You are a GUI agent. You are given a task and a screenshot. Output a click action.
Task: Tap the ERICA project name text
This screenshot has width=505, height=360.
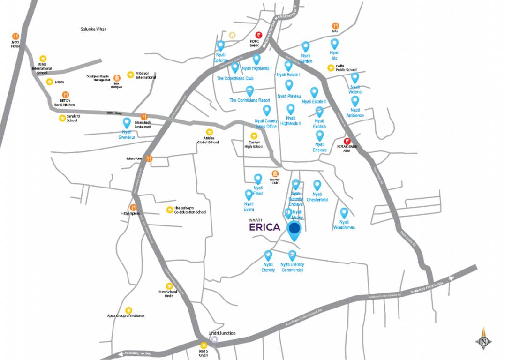[265, 227]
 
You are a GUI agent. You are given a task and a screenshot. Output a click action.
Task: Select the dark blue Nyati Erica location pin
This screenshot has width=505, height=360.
[294, 229]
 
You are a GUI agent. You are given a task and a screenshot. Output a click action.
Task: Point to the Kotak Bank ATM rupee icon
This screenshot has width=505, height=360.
[347, 142]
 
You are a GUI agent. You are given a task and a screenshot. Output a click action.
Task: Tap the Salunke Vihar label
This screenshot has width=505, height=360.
[93, 29]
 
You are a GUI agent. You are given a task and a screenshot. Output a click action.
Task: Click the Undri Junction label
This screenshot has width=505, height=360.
[222, 333]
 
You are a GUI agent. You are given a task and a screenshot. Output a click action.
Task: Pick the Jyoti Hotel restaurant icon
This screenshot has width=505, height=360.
[15, 36]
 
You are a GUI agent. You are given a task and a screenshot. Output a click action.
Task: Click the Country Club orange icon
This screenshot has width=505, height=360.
[274, 174]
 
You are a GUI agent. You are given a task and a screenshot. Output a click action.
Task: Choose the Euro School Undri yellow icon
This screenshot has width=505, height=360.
[169, 286]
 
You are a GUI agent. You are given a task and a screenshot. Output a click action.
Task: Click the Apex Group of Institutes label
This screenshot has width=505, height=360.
[126, 316]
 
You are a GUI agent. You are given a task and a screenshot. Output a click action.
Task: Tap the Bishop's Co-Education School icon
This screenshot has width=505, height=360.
[169, 209]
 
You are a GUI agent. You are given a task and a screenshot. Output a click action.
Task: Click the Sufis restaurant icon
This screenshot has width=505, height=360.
[335, 26]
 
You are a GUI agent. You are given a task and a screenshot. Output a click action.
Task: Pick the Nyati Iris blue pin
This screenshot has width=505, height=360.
[334, 44]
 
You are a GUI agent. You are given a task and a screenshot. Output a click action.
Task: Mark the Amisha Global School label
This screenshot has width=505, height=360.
[208, 140]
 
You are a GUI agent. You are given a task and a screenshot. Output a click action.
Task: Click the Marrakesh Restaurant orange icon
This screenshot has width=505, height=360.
[144, 117]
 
